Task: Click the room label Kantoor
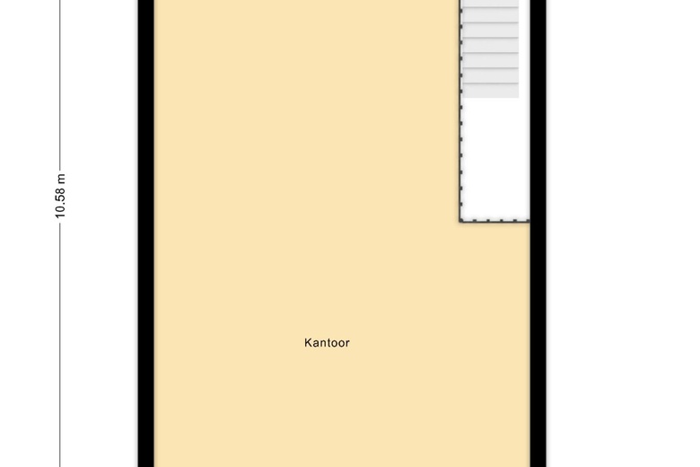327,343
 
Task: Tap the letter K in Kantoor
308,343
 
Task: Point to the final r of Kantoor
347,344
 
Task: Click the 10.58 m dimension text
60,196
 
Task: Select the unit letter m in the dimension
61,178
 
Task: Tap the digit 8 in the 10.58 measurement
60,191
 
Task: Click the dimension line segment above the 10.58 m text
60,85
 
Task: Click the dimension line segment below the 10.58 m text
60,344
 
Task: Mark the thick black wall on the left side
146,233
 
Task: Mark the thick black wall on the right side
538,233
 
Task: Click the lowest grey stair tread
491,91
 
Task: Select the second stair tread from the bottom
491,75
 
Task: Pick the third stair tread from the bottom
491,60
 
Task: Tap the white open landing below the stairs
495,159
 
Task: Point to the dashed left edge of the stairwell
460,110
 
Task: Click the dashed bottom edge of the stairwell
494,220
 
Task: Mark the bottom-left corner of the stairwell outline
460,221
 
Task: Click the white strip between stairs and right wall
524,49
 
